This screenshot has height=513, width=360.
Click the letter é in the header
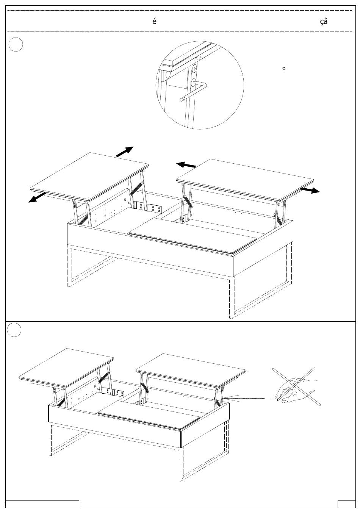click(x=154, y=21)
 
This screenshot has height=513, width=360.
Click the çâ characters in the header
click(x=324, y=21)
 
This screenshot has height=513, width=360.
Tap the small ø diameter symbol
click(x=284, y=69)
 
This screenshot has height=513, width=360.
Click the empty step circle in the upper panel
click(x=16, y=44)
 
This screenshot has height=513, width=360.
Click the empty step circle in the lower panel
click(x=14, y=330)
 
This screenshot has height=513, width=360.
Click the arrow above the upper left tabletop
click(x=125, y=152)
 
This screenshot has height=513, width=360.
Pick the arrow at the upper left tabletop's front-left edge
click(x=37, y=197)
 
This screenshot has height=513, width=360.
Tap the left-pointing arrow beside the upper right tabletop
click(x=186, y=165)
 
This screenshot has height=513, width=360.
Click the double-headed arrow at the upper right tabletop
click(x=310, y=190)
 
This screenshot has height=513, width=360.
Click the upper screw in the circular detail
click(x=195, y=69)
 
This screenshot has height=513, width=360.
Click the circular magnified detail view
click(x=200, y=85)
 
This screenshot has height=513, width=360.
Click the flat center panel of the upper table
click(x=193, y=236)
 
